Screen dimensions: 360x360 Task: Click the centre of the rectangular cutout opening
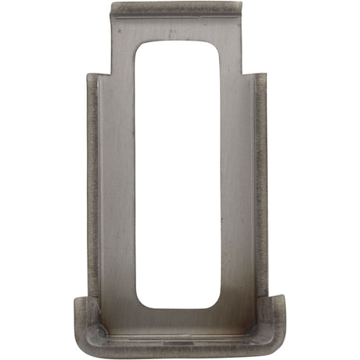coord(178,174)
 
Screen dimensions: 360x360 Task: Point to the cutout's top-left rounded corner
coord(141,45)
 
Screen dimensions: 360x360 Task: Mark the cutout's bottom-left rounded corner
coord(141,302)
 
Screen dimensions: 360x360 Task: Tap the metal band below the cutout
coord(178,319)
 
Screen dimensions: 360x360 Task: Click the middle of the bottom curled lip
coord(178,340)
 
